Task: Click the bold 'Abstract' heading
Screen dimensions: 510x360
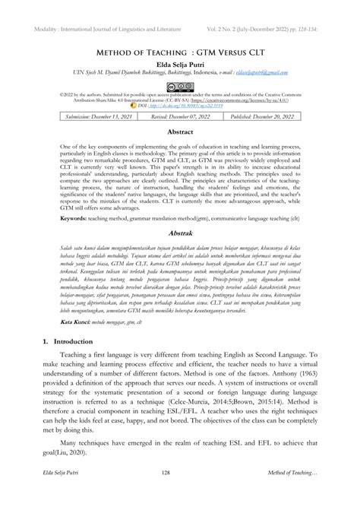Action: pyautogui.click(x=179, y=132)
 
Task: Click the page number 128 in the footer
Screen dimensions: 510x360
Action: pyautogui.click(x=179, y=494)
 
